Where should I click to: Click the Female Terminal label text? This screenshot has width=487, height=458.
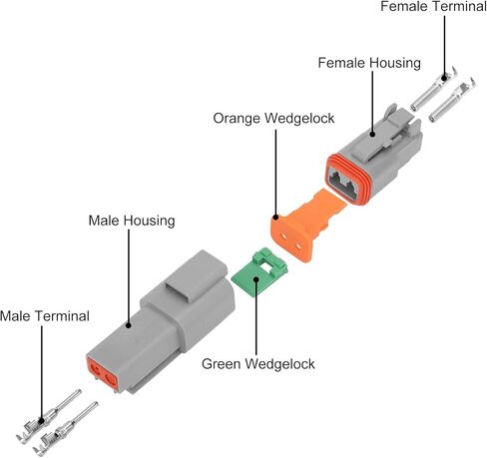point(433,6)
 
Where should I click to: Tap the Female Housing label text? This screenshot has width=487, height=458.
point(369,63)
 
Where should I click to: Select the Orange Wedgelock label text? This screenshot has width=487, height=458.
point(273,119)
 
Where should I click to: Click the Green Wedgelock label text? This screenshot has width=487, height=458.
point(258,363)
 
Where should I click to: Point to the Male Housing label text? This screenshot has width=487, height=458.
point(132,221)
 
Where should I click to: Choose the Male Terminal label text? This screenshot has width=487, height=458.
point(45,316)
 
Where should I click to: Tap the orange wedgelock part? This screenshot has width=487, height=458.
point(307,226)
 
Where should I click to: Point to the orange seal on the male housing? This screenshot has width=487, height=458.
point(103,372)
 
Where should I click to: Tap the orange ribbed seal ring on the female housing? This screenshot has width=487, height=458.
point(347,179)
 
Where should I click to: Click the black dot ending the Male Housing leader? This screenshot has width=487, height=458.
point(129,325)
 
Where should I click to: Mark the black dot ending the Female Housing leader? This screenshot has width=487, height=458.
point(372,134)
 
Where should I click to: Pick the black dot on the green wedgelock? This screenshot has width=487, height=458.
point(256,278)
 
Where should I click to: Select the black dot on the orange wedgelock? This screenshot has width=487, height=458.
point(275,218)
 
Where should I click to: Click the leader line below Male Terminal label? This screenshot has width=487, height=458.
point(42,372)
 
